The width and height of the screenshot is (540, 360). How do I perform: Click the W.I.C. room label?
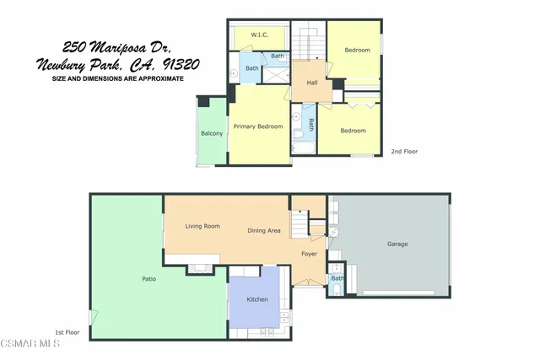point(261,35)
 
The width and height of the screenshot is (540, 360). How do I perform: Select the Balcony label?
point(212,133)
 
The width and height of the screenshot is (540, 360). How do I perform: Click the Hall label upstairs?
point(311,82)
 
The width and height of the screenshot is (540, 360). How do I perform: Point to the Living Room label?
point(202,226)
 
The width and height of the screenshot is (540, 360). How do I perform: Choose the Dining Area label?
point(264,230)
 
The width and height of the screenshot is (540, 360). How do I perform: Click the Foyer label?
point(310,253)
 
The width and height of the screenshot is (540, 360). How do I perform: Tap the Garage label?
point(397,244)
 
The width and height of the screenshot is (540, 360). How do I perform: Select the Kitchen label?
point(257,300)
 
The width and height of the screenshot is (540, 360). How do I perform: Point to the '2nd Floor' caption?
point(404,152)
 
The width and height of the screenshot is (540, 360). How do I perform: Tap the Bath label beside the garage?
point(337,278)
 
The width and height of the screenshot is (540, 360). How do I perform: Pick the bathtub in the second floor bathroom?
point(302,148)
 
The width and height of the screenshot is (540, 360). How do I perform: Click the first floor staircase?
point(300,225)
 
